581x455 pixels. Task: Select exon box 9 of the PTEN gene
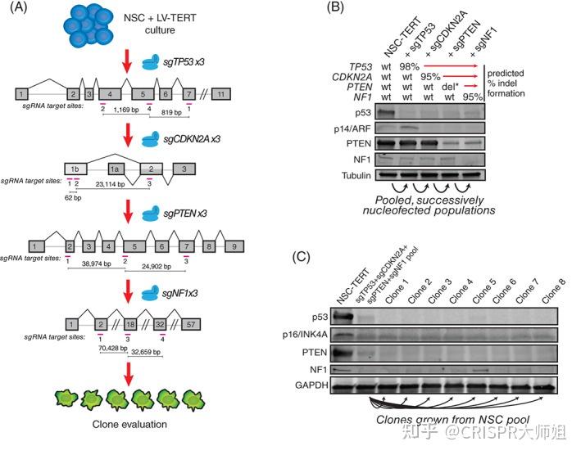pos(234,246)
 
